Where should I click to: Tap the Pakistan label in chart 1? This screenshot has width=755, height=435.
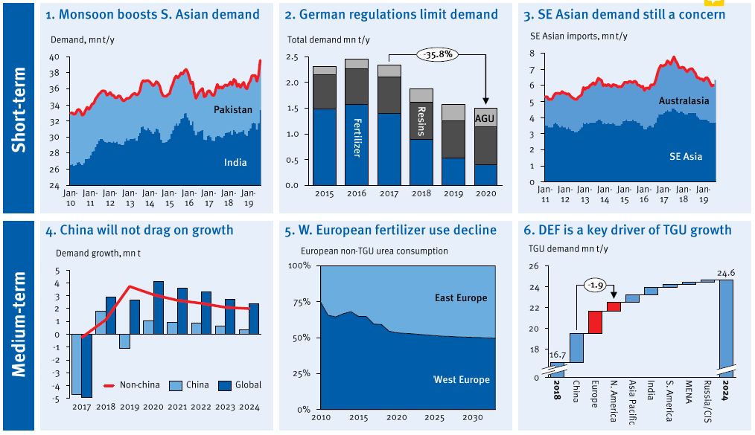(x=234, y=110)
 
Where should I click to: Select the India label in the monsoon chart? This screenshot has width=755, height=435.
(x=235, y=162)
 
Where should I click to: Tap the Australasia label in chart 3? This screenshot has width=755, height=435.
(x=684, y=100)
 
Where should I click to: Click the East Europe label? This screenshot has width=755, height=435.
(x=461, y=298)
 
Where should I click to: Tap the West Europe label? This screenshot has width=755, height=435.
(x=462, y=380)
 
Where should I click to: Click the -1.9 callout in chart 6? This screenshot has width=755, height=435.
(x=595, y=284)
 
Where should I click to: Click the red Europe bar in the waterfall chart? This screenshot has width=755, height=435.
(x=595, y=322)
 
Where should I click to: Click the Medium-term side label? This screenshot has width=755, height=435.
(x=19, y=323)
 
